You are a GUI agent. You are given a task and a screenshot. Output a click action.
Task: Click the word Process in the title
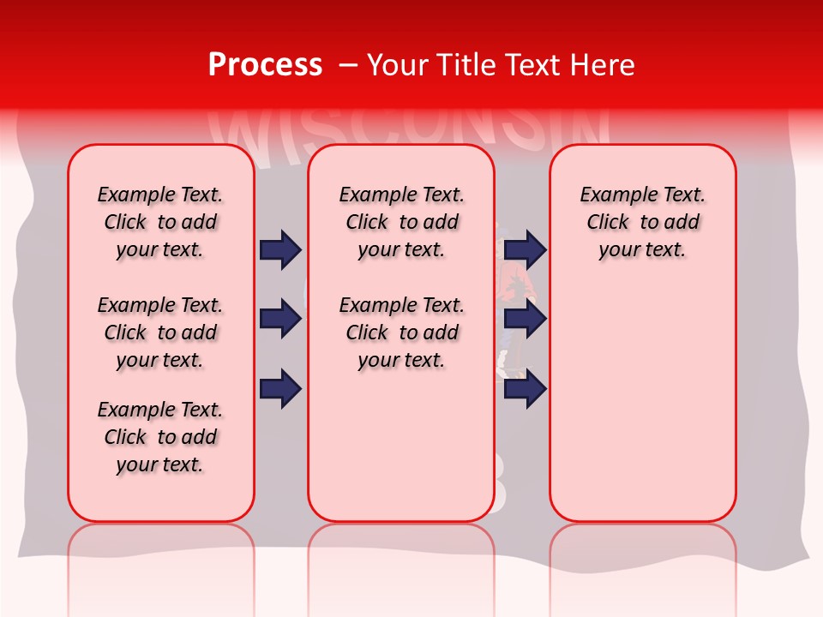click(x=265, y=65)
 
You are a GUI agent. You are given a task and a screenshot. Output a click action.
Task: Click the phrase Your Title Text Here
click(x=501, y=65)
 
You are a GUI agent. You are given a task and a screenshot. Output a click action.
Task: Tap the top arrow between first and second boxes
click(x=280, y=249)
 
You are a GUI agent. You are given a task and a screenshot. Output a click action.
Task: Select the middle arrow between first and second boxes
click(x=280, y=319)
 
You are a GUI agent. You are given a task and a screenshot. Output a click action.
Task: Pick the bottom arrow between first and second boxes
click(x=280, y=389)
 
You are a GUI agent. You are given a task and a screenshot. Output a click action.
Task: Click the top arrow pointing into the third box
click(x=525, y=249)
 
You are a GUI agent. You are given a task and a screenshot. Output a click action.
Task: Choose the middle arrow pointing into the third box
click(x=525, y=319)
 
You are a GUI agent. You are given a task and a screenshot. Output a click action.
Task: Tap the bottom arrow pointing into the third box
click(x=525, y=389)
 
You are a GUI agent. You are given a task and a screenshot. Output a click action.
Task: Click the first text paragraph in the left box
click(x=160, y=222)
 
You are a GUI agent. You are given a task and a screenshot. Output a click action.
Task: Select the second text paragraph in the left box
click(x=160, y=332)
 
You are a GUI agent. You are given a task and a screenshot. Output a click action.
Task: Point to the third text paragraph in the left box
click(x=160, y=437)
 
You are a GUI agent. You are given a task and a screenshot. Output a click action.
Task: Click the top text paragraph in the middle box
click(x=401, y=222)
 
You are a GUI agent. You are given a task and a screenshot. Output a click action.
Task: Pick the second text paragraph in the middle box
click(x=401, y=332)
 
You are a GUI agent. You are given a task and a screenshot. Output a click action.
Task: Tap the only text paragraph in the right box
click(x=642, y=222)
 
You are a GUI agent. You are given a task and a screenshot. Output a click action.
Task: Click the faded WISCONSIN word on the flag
click(x=411, y=129)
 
